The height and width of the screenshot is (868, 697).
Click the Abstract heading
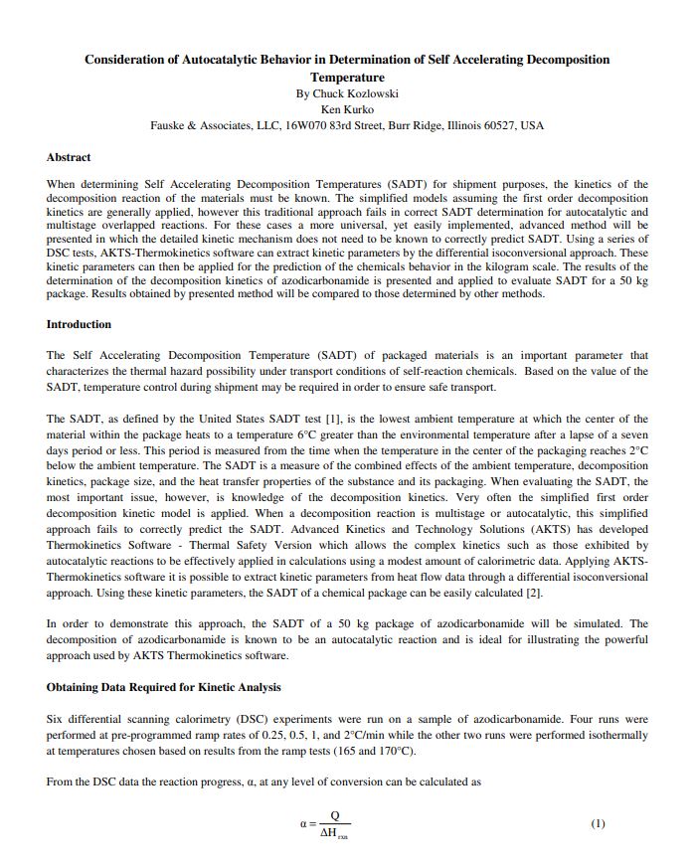click(69, 157)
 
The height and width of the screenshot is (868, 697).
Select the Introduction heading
click(79, 324)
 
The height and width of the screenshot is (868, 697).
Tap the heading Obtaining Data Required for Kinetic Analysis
click(163, 687)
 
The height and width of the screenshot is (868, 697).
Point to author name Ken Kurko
click(347, 109)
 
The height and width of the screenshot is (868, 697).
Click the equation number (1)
click(598, 823)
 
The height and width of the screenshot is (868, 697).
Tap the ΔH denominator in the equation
click(333, 832)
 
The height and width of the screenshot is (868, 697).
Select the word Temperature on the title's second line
click(347, 77)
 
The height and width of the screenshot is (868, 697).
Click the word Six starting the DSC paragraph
click(56, 718)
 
